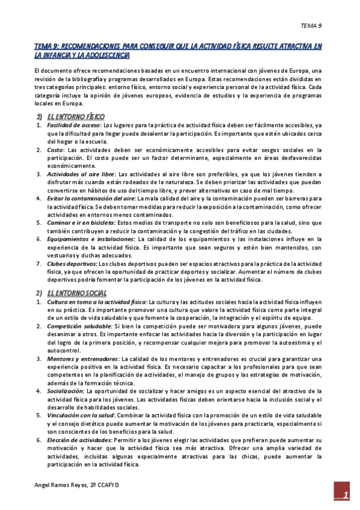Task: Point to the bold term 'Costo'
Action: (x=55, y=149)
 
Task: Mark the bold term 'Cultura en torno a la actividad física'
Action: (x=96, y=301)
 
